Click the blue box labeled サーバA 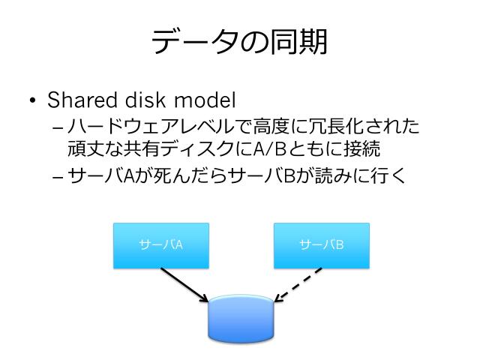160,245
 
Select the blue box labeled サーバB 322,245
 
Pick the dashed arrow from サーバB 298,285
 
